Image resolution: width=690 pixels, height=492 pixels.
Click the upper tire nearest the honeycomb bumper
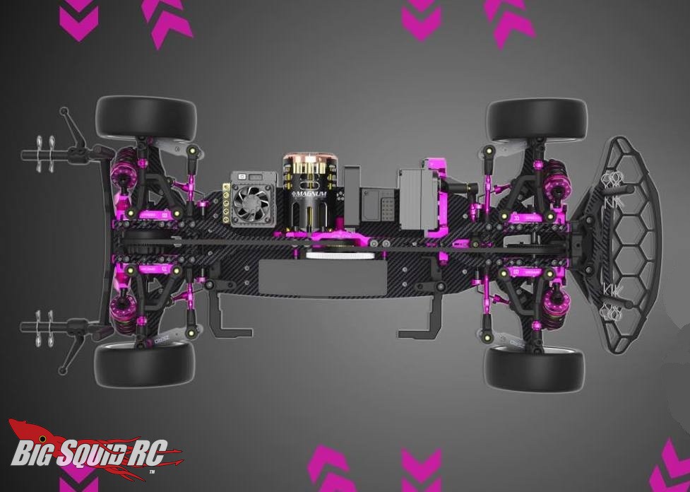[x=536, y=119]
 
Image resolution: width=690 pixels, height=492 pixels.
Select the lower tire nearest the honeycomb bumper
[x=534, y=368]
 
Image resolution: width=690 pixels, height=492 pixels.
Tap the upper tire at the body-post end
[x=145, y=118]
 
